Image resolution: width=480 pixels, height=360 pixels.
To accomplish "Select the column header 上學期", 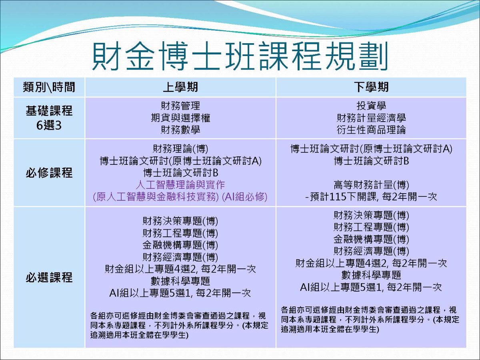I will pos(180,87).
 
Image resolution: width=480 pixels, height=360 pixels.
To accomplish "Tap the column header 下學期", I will pos(371,87).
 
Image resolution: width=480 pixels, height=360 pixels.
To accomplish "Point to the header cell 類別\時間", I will pos(49,87).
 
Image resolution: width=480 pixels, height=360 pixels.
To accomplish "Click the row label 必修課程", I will pos(49,173).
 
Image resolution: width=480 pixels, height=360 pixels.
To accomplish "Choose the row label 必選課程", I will pos(49,277).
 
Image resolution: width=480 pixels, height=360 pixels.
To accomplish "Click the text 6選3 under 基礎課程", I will pos(49,124).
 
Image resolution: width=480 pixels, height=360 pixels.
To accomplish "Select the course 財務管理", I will pos(180,106).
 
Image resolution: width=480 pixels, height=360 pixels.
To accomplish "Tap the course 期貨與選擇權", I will pos(180,118).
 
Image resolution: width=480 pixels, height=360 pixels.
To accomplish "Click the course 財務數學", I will pos(180,130).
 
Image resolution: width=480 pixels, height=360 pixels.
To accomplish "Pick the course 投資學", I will pos(371,106).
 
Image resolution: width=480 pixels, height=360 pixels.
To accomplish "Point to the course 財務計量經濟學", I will pos(371,118).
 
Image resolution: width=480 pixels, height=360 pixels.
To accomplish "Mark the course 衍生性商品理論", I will pos(371,130).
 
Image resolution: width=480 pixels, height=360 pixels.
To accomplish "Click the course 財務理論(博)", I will pos(180,149).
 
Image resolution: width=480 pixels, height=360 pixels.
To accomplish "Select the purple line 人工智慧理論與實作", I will pos(180,185).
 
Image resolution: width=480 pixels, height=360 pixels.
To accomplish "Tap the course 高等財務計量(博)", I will pos(371,185).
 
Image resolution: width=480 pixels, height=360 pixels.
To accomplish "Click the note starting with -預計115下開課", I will pos(371,197).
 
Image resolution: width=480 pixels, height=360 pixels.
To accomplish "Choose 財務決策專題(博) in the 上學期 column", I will pos(180,221).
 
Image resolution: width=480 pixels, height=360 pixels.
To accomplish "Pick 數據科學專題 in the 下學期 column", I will pos(371,275).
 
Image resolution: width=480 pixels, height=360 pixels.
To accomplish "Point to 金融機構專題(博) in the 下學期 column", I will pos(371,239).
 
